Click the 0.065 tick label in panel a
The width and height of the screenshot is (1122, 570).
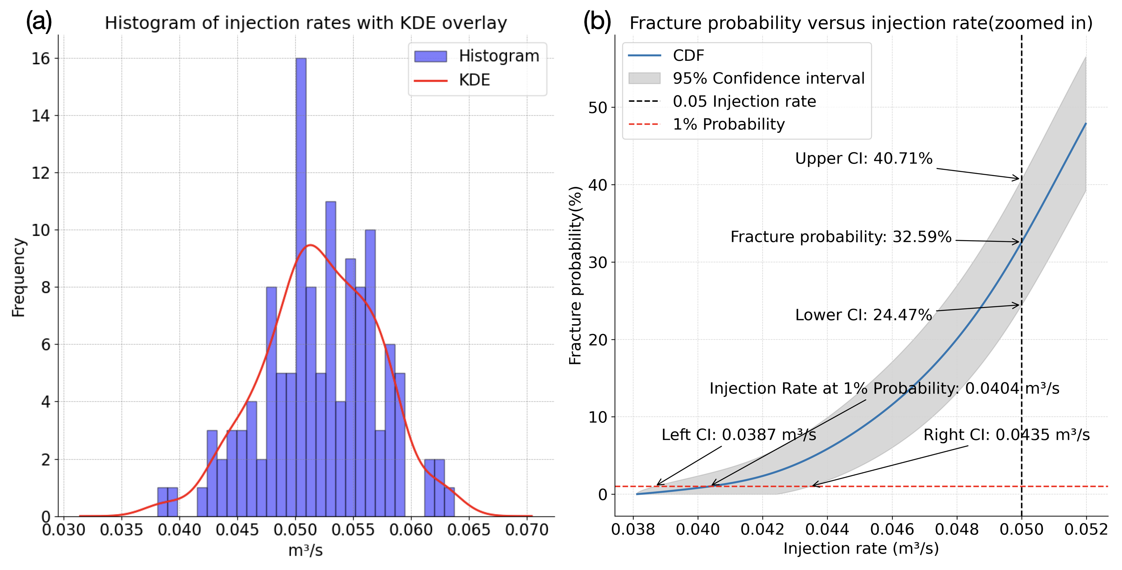coord(469,530)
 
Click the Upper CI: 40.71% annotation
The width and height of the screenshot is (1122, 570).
coord(863,158)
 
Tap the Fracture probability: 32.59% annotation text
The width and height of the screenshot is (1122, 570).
coord(841,237)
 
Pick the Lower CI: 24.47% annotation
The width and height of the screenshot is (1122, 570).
coord(863,315)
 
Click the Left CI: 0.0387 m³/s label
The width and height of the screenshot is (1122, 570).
coord(739,434)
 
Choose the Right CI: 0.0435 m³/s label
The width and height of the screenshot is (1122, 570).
coord(1006,434)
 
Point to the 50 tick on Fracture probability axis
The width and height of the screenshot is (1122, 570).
coord(598,108)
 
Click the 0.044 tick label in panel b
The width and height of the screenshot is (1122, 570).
coord(827,529)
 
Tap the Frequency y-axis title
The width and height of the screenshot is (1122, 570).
coord(18,277)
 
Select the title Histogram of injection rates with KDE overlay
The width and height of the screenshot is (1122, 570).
coord(306,23)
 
